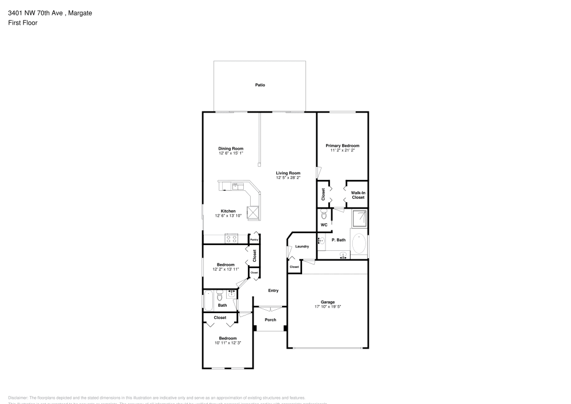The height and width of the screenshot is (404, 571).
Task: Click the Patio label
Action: point(260,85)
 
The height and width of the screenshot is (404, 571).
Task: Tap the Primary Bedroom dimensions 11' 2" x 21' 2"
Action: point(343,151)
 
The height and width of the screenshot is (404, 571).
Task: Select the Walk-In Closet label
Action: point(358,195)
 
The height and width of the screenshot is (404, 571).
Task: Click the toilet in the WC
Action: point(324,215)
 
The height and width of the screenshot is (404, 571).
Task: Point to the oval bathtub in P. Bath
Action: point(359,244)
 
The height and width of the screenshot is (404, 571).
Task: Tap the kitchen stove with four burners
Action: point(232,239)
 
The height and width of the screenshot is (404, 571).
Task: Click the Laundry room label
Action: point(302,247)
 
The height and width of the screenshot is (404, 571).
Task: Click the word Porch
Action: point(270,320)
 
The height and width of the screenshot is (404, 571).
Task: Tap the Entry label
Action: point(274,291)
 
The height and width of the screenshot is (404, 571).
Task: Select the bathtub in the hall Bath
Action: point(208,299)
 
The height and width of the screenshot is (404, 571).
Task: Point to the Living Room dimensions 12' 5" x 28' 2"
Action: point(288,178)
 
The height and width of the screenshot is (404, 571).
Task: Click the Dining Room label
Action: point(231,149)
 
